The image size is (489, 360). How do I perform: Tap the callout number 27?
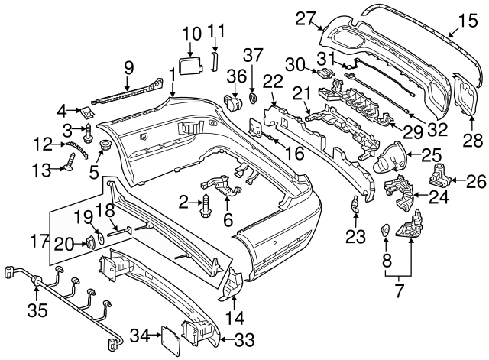306,18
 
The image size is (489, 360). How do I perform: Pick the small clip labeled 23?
355,204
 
